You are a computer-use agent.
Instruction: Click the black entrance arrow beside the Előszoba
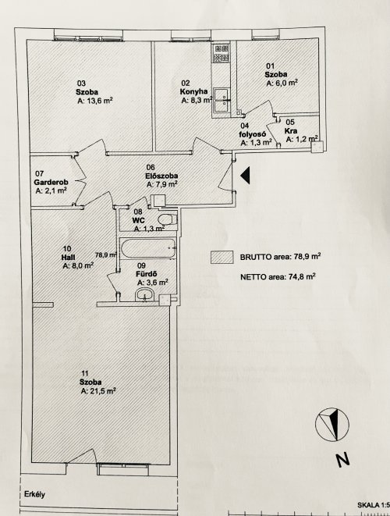point(246,175)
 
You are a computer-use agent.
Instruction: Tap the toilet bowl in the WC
point(167,219)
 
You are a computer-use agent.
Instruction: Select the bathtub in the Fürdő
point(148,249)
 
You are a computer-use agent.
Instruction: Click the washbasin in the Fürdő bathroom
point(144,294)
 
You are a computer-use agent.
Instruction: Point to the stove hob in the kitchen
point(221,54)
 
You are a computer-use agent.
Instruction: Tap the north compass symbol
point(332,424)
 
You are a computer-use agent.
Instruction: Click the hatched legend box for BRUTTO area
point(222,258)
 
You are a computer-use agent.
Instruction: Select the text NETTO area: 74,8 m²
point(278,277)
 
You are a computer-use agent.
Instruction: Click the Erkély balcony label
point(34,494)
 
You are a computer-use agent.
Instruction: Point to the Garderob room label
point(51,182)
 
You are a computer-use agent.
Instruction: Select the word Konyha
point(193,91)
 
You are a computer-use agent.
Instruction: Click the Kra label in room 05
point(291,131)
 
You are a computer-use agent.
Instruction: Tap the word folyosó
point(252,134)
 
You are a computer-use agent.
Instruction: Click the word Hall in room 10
point(68,257)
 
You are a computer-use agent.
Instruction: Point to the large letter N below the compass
point(342,459)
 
